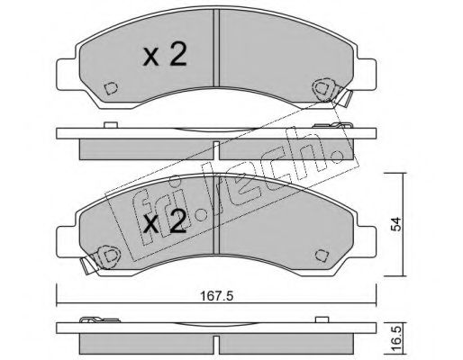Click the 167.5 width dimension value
pos(216,296)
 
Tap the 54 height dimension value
pos(397,224)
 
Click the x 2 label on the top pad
pos(165,54)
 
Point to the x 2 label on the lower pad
pos(165,221)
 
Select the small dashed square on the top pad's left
pos(111,88)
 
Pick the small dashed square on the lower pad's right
pos(322,256)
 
